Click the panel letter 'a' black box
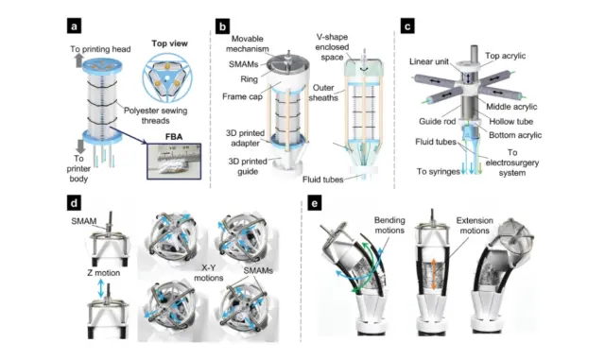click(74, 26)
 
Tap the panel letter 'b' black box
click(222, 26)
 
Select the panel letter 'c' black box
click(407, 26)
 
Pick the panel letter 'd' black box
click(74, 203)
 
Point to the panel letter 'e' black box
click(315, 203)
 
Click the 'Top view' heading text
click(169, 43)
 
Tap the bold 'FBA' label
click(174, 137)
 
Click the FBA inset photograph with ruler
click(174, 162)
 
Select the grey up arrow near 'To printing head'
click(78, 60)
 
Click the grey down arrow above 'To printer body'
click(80, 146)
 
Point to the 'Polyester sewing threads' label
click(155, 116)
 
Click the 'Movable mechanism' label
click(248, 43)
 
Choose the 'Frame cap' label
click(242, 96)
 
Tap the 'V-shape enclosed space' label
click(332, 47)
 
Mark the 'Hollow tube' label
click(510, 122)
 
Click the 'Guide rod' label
click(437, 122)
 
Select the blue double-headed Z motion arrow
click(101, 288)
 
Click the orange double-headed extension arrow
click(434, 274)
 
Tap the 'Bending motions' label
click(389, 225)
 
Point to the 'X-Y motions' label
click(208, 273)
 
